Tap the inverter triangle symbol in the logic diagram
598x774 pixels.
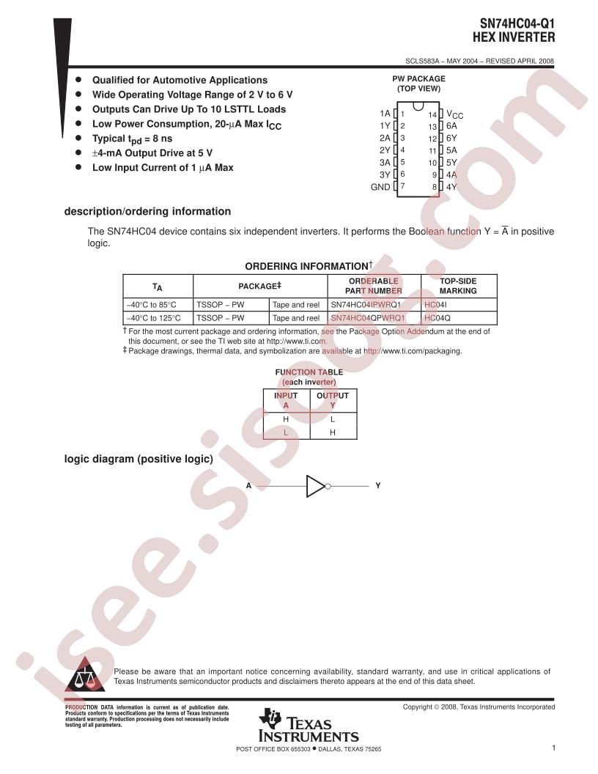(315, 485)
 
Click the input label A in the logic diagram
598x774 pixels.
(248, 485)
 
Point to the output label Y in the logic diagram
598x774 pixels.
(378, 485)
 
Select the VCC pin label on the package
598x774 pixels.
(455, 115)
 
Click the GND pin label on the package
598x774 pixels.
(380, 187)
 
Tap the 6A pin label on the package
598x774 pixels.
(451, 125)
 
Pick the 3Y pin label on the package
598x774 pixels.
(385, 174)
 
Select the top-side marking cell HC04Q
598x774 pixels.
(438, 318)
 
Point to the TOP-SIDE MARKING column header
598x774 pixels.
(458, 286)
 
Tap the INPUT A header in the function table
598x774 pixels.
(286, 400)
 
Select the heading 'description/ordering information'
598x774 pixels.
(148, 212)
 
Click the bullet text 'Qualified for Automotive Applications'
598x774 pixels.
(180, 80)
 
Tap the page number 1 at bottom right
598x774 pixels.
(555, 748)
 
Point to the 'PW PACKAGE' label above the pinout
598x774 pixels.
(418, 78)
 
